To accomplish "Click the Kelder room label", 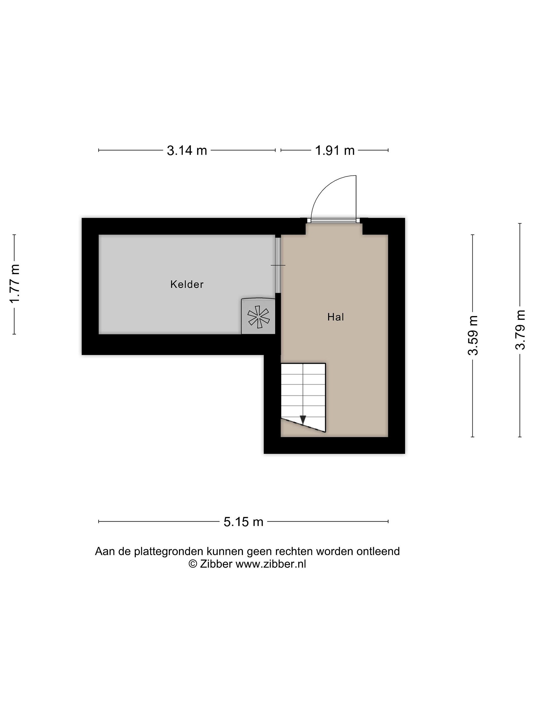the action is tap(187, 284).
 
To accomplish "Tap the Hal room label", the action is tap(335, 317).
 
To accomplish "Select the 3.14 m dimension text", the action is tap(187, 151).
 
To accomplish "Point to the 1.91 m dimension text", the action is tap(335, 151).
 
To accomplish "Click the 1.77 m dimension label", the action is tap(15, 284).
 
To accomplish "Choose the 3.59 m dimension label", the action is tap(473, 335).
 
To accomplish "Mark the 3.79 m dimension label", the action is tap(520, 330).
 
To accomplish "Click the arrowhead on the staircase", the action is tap(303, 420).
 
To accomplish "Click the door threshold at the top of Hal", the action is tap(334, 221).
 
